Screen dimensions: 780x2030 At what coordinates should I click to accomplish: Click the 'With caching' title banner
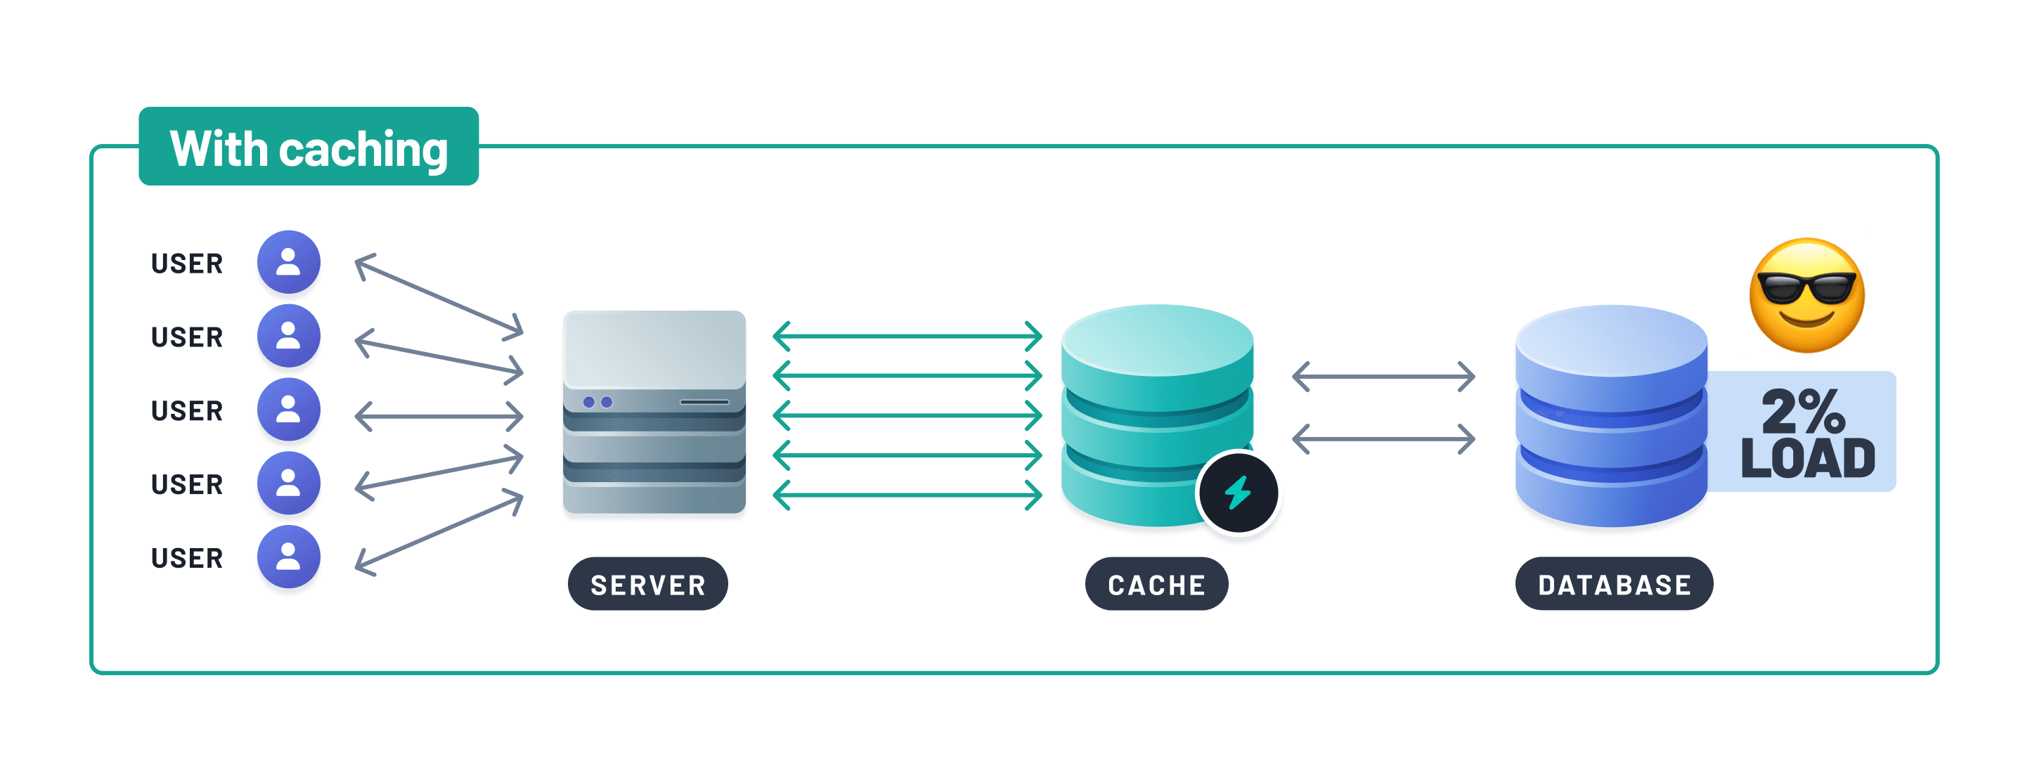[x=308, y=147]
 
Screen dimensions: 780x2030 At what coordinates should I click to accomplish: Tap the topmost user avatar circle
[x=288, y=261]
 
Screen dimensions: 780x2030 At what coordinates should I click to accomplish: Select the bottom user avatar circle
[x=288, y=557]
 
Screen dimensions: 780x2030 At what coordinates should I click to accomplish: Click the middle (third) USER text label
[x=187, y=410]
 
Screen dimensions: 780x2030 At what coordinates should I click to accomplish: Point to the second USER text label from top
[x=187, y=337]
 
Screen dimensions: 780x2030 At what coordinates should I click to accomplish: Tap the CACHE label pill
[x=1156, y=584]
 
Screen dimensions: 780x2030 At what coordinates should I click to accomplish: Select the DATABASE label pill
[x=1613, y=584]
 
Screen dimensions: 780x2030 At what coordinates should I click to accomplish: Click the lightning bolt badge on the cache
[x=1237, y=493]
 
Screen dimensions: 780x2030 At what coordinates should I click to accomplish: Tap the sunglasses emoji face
[x=1806, y=294]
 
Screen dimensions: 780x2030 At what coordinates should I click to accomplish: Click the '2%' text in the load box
[x=1803, y=410]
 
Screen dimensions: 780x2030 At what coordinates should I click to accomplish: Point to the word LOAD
[x=1807, y=459]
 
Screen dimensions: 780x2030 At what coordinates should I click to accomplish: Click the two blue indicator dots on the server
[x=597, y=402]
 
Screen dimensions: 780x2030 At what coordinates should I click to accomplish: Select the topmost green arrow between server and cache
[x=907, y=337]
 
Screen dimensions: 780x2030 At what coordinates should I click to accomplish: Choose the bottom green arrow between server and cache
[x=907, y=495]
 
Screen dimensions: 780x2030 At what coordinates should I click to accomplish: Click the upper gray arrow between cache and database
[x=1383, y=377]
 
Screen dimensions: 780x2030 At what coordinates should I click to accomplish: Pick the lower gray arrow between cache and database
[x=1383, y=439]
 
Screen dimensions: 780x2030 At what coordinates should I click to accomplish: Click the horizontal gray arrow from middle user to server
[x=439, y=416]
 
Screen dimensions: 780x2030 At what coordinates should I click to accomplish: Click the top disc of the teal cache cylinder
[x=1157, y=340]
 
